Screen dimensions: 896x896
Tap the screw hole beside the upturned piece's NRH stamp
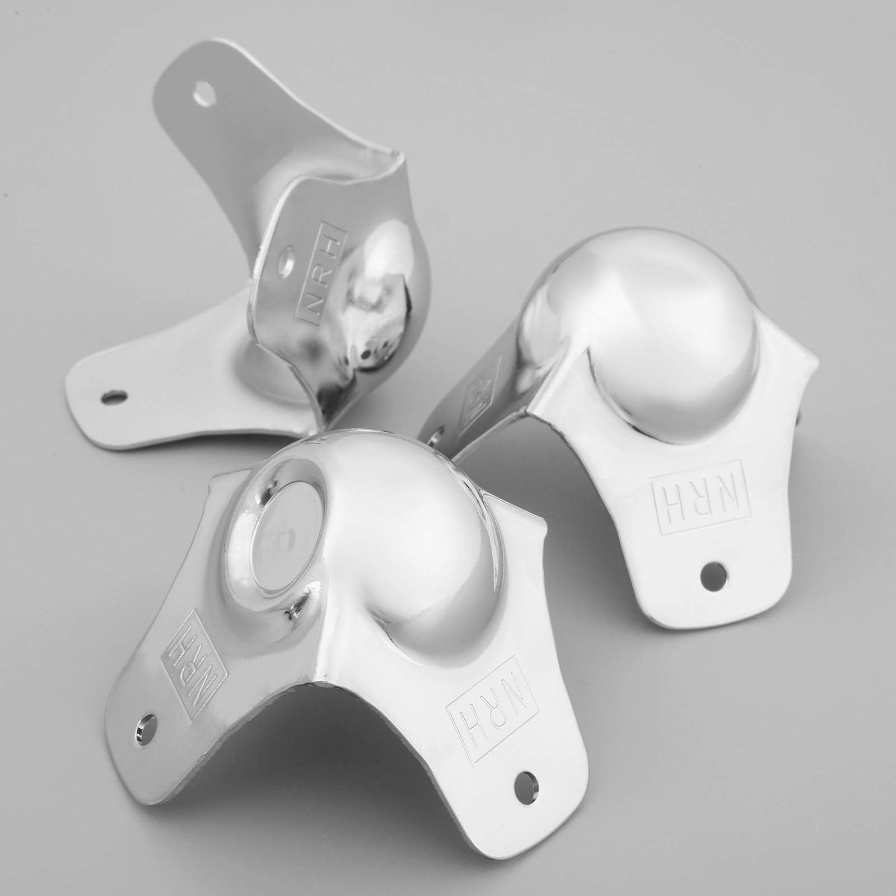pos(287,260)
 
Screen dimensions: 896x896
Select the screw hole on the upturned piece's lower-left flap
pos(113,396)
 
